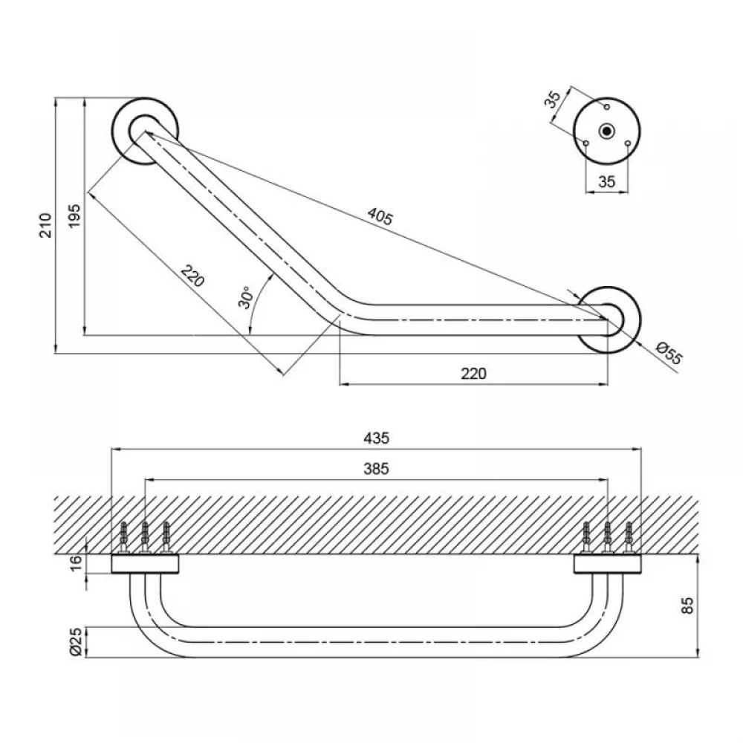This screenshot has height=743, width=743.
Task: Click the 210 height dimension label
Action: (45, 226)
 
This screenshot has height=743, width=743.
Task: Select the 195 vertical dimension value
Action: (74, 216)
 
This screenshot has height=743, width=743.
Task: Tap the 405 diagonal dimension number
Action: (380, 216)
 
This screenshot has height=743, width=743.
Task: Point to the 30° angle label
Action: (246, 298)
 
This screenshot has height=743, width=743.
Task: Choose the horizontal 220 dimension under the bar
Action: (473, 374)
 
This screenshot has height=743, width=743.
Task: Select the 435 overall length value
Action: (376, 438)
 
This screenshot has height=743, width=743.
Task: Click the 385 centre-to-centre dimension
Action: (376, 469)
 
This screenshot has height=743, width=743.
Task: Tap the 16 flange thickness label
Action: (76, 562)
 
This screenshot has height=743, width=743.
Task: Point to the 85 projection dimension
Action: (687, 606)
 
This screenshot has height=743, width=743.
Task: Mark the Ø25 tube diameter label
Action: (76, 641)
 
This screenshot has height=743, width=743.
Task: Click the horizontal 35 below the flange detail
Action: (606, 181)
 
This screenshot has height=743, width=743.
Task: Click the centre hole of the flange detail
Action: (606, 131)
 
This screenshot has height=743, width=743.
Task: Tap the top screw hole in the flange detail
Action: (606, 106)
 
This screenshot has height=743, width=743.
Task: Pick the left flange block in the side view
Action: (145, 565)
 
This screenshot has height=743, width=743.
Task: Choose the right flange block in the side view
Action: (608, 565)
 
